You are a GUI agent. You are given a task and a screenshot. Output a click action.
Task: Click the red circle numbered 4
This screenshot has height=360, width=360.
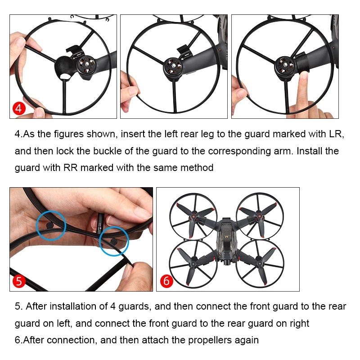(19, 108)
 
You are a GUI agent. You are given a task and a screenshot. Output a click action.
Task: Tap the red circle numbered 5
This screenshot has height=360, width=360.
(19, 281)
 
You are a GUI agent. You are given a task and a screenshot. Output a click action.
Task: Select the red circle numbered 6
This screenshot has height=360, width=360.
(166, 281)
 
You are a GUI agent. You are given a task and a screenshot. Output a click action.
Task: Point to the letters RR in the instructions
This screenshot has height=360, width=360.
(70, 167)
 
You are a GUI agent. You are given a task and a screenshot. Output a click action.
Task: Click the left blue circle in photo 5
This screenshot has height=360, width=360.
(51, 225)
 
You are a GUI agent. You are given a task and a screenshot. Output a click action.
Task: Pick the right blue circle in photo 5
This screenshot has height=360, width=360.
(114, 241)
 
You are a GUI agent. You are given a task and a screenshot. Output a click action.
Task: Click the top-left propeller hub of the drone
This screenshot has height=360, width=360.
(193, 216)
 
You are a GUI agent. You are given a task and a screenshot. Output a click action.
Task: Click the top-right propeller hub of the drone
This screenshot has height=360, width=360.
(260, 216)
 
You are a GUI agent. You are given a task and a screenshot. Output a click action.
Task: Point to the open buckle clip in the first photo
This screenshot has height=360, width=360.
(74, 50)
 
